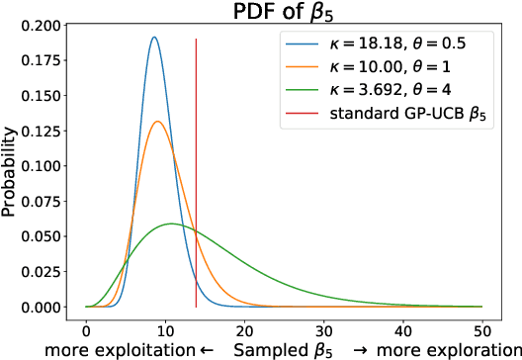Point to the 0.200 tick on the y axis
coord(44,24)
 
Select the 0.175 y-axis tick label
coord(44,59)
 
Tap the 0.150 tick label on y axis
coord(44,95)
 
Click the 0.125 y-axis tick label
coord(44,131)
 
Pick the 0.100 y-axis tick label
coord(44,165)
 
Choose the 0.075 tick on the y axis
coord(44,201)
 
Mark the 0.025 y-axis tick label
coord(44,272)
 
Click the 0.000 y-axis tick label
coord(44,308)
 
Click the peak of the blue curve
coord(154,38)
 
